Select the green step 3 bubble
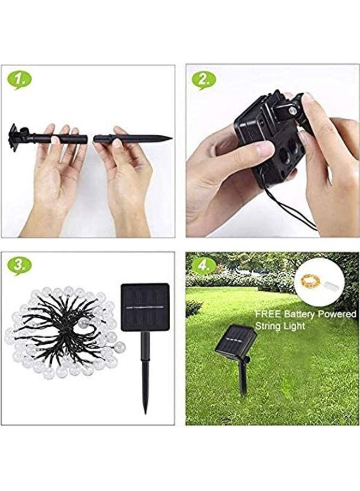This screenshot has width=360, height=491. pyautogui.click(x=19, y=266)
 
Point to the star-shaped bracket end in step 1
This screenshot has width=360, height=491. pyautogui.click(x=13, y=134)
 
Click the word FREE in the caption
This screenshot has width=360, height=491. pyautogui.click(x=267, y=315)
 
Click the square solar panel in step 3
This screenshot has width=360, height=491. pyautogui.click(x=145, y=307)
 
